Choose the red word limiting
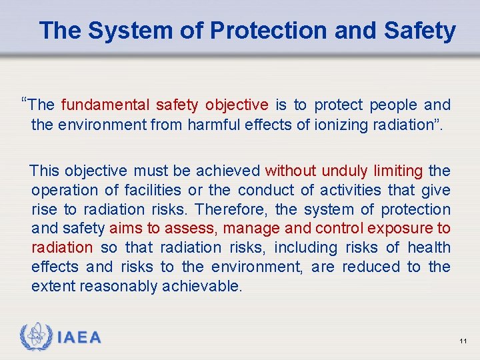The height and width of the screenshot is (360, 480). tap(398, 171)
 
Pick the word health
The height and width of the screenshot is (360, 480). tap(429, 248)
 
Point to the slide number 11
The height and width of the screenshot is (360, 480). tap(463, 341)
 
